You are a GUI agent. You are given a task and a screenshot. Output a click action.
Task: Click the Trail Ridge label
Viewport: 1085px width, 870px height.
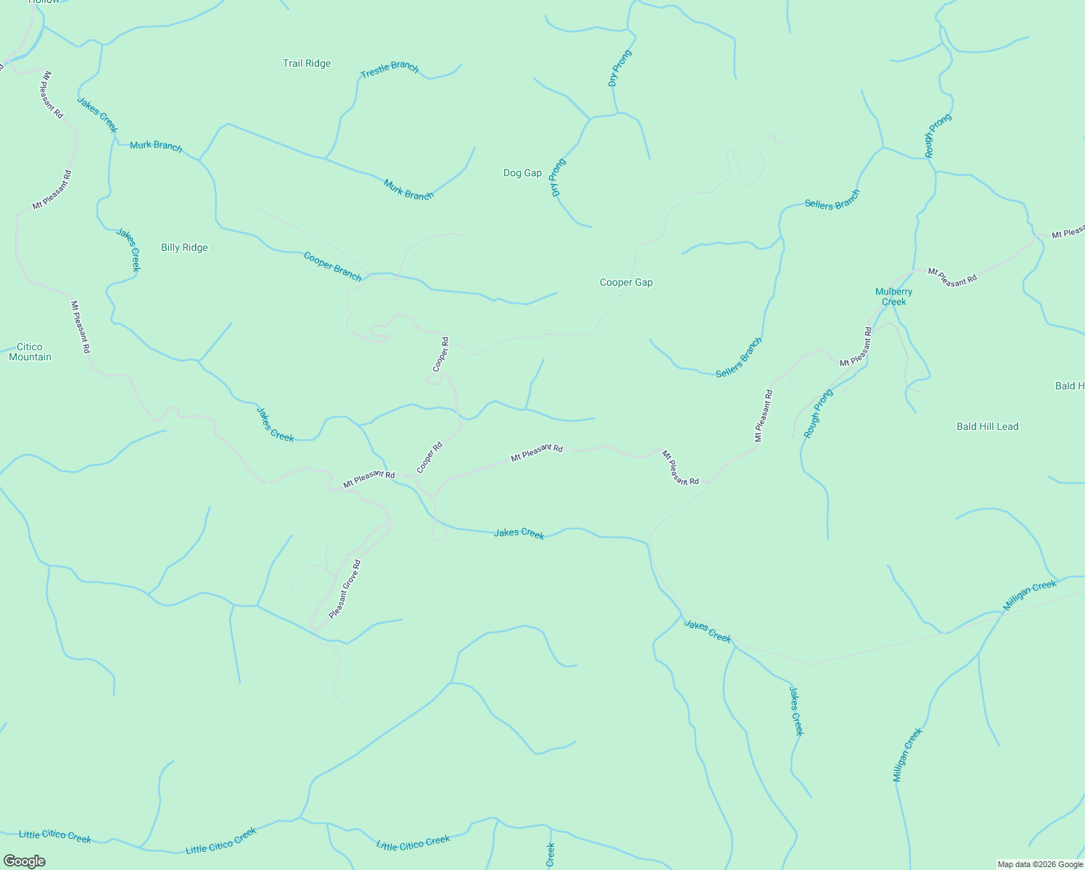coord(307,64)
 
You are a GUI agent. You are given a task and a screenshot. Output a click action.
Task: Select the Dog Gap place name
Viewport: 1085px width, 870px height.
coord(522,173)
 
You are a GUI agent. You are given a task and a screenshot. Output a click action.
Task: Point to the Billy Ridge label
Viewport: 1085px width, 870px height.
coord(184,248)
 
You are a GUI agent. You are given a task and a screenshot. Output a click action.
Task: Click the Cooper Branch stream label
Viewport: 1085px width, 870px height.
coord(332,266)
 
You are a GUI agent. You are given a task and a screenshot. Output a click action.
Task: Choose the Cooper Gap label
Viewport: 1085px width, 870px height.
coord(626,283)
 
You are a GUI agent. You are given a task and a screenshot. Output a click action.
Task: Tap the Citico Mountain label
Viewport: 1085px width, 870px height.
coord(30,352)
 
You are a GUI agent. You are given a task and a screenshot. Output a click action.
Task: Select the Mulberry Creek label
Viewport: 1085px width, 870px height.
coord(894,297)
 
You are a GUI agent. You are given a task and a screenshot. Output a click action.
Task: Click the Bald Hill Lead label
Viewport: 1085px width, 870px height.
coord(987,427)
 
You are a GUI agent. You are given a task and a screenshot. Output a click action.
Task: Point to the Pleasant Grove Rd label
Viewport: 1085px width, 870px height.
coord(345,589)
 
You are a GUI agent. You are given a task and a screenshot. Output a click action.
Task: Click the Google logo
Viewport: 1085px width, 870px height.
coord(24,861)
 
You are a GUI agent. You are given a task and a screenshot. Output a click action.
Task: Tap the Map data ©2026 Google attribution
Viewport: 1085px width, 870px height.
coord(1039,864)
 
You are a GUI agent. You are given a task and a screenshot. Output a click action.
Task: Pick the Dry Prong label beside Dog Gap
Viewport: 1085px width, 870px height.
coord(558,178)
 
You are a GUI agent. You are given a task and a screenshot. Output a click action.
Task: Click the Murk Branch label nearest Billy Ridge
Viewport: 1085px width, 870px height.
coord(156,146)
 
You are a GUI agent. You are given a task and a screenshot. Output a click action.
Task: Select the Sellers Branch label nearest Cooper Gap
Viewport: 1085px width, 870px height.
coord(739,357)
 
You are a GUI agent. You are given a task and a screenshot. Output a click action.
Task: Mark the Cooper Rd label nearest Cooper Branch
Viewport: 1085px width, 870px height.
coord(441,355)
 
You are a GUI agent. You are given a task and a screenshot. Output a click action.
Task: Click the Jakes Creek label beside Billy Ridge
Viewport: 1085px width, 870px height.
coord(128,250)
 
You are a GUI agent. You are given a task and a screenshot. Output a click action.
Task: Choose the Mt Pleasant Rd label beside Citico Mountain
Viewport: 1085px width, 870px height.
coord(81,327)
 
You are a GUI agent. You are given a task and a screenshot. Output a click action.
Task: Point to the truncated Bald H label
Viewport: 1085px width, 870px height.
coord(1070,386)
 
